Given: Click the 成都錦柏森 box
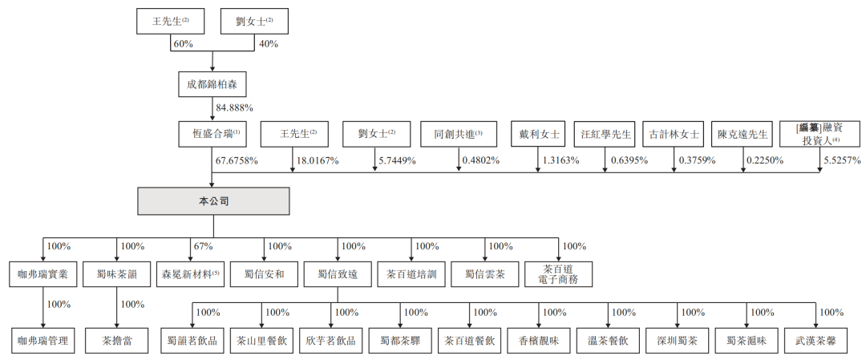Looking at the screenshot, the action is click(212, 85).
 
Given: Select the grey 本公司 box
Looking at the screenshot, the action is click(213, 201).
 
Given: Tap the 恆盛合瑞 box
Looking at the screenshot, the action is click(212, 134).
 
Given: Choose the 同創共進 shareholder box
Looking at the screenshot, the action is click(459, 134).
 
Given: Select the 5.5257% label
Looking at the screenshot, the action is click(841, 160).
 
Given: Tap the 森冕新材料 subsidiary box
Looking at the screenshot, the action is click(190, 274).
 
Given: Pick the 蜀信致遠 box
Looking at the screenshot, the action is click(338, 274).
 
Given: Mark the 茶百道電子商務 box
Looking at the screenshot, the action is click(558, 274).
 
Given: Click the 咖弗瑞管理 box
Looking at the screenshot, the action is click(43, 342).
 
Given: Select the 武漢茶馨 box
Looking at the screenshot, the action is click(815, 342).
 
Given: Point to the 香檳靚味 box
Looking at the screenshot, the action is click(539, 342).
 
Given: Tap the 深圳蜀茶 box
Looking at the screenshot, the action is click(677, 342).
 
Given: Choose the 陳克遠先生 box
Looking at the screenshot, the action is click(743, 134).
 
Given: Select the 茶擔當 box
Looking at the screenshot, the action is click(116, 342).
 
